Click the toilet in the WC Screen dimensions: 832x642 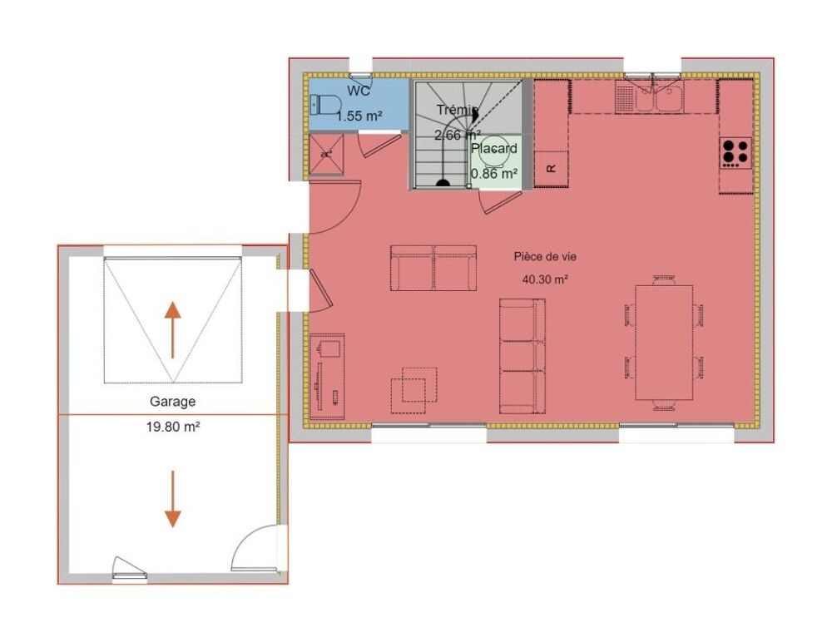[x=325, y=105]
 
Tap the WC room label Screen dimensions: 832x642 [x=359, y=91]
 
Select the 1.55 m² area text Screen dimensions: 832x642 [x=359, y=115]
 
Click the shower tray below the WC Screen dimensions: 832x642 [x=326, y=155]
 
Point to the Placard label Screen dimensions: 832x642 [x=494, y=148]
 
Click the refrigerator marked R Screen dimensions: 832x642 [x=552, y=169]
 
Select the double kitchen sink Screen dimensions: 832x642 [x=650, y=96]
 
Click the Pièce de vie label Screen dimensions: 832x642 [x=545, y=257]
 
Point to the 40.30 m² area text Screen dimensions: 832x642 [x=545, y=279]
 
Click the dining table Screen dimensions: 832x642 [x=664, y=343]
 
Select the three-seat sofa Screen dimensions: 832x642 [x=522, y=356]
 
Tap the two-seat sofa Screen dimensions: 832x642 [x=433, y=268]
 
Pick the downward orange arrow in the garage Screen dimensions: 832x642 [x=172, y=499]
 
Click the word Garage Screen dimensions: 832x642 [x=172, y=402]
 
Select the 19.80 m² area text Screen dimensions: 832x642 [x=173, y=427]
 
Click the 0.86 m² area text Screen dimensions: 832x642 [x=494, y=174]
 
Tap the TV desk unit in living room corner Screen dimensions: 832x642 [x=327, y=376]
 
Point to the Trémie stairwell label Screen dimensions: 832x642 [x=458, y=110]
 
